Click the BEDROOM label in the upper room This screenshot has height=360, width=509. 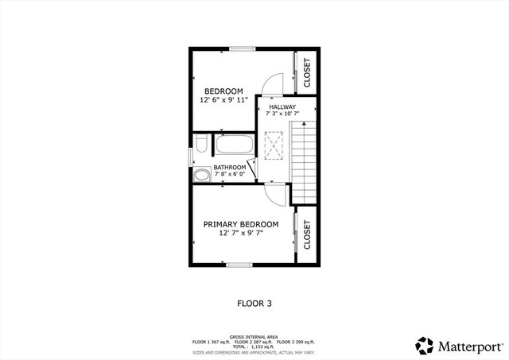tap(223, 91)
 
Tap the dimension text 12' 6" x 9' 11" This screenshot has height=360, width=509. tap(223, 101)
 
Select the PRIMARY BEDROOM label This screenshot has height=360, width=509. tap(240, 224)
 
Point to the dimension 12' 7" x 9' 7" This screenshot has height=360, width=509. tap(240, 234)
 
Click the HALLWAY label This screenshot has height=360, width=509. tap(282, 107)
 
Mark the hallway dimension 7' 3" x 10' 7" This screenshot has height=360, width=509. tap(282, 114)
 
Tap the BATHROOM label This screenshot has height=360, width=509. tap(229, 168)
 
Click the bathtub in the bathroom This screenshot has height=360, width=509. tap(234, 146)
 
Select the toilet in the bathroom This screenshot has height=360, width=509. tap(201, 145)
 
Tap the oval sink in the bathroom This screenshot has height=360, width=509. tap(203, 174)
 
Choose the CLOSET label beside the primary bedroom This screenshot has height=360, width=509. tap(307, 235)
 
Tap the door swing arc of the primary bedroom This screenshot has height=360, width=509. tap(274, 193)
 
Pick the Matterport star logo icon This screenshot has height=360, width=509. tap(425, 346)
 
